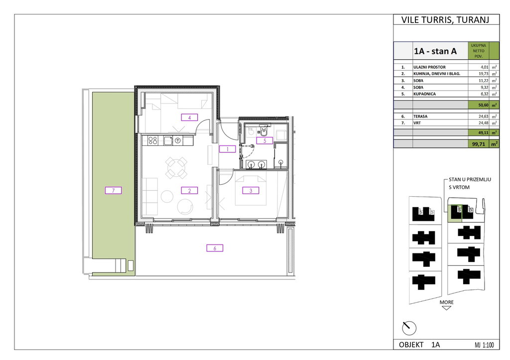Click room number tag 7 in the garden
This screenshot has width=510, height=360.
113,190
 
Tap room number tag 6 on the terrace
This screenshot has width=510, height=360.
215,248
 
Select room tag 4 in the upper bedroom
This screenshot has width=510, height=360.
189,118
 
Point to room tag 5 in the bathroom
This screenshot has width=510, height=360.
264,140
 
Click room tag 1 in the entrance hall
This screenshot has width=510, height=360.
227,149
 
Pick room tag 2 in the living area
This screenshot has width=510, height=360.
189,191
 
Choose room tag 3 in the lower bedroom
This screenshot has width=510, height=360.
251,191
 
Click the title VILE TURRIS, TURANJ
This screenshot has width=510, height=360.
445,20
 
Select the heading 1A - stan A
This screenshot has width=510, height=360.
435,51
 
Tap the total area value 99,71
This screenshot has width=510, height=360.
479,144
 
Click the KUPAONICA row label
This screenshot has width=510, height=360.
424,94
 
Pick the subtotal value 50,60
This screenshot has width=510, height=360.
483,106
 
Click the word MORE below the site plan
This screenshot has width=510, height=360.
447,302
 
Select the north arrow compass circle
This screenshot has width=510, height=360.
409,328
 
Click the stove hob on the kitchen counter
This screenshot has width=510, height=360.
153,140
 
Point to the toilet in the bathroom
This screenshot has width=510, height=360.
264,131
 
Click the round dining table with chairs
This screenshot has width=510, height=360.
176,168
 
